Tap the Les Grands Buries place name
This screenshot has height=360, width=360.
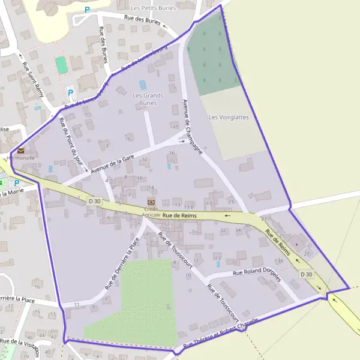[x=148, y=99]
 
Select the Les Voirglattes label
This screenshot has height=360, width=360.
[x=228, y=118]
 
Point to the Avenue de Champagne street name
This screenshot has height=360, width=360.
[x=193, y=125]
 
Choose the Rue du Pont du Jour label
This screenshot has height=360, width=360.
[x=71, y=145]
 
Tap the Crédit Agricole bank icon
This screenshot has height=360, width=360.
[x=151, y=202]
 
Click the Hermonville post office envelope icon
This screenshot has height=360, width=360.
[x=21, y=151]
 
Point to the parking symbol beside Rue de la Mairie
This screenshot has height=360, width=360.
[x=17, y=182]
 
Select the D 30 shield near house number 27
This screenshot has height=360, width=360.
[x=306, y=274]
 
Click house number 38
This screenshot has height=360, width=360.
[x=280, y=261]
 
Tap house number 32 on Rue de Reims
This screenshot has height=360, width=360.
[x=223, y=230]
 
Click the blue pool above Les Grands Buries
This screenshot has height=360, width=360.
[x=143, y=85]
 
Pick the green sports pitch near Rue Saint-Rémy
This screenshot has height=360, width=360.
[x=61, y=64]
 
